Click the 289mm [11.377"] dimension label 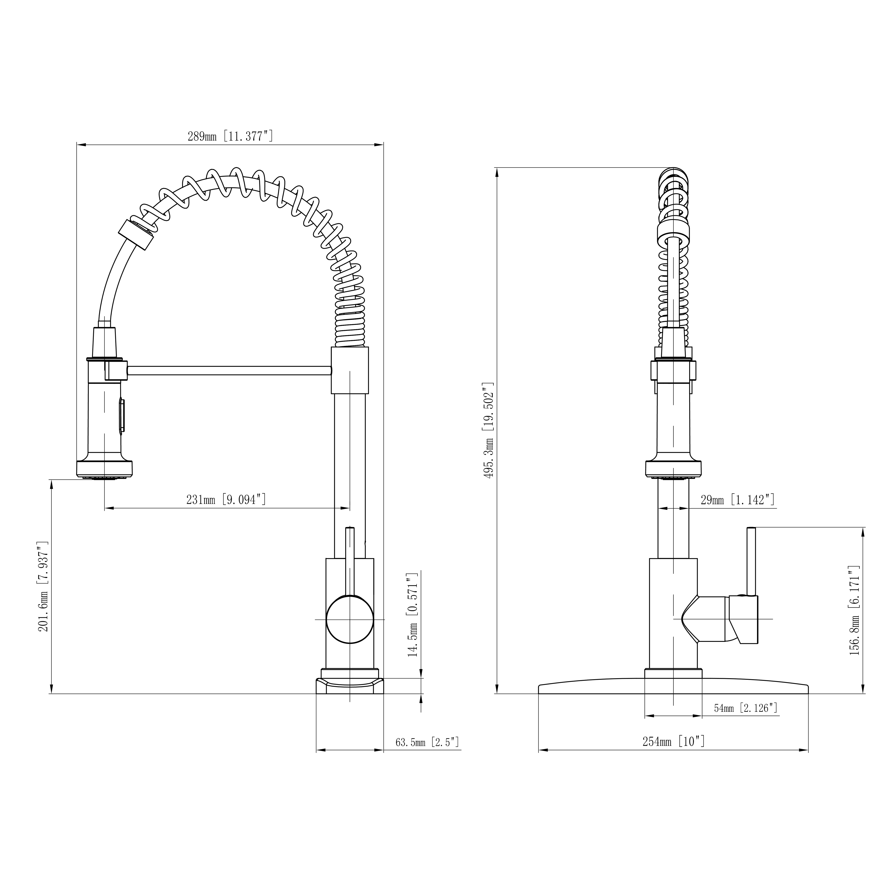tap(230, 136)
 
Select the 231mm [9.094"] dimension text tap(226, 499)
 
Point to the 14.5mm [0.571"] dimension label tap(412, 615)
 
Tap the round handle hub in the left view tap(350, 619)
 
